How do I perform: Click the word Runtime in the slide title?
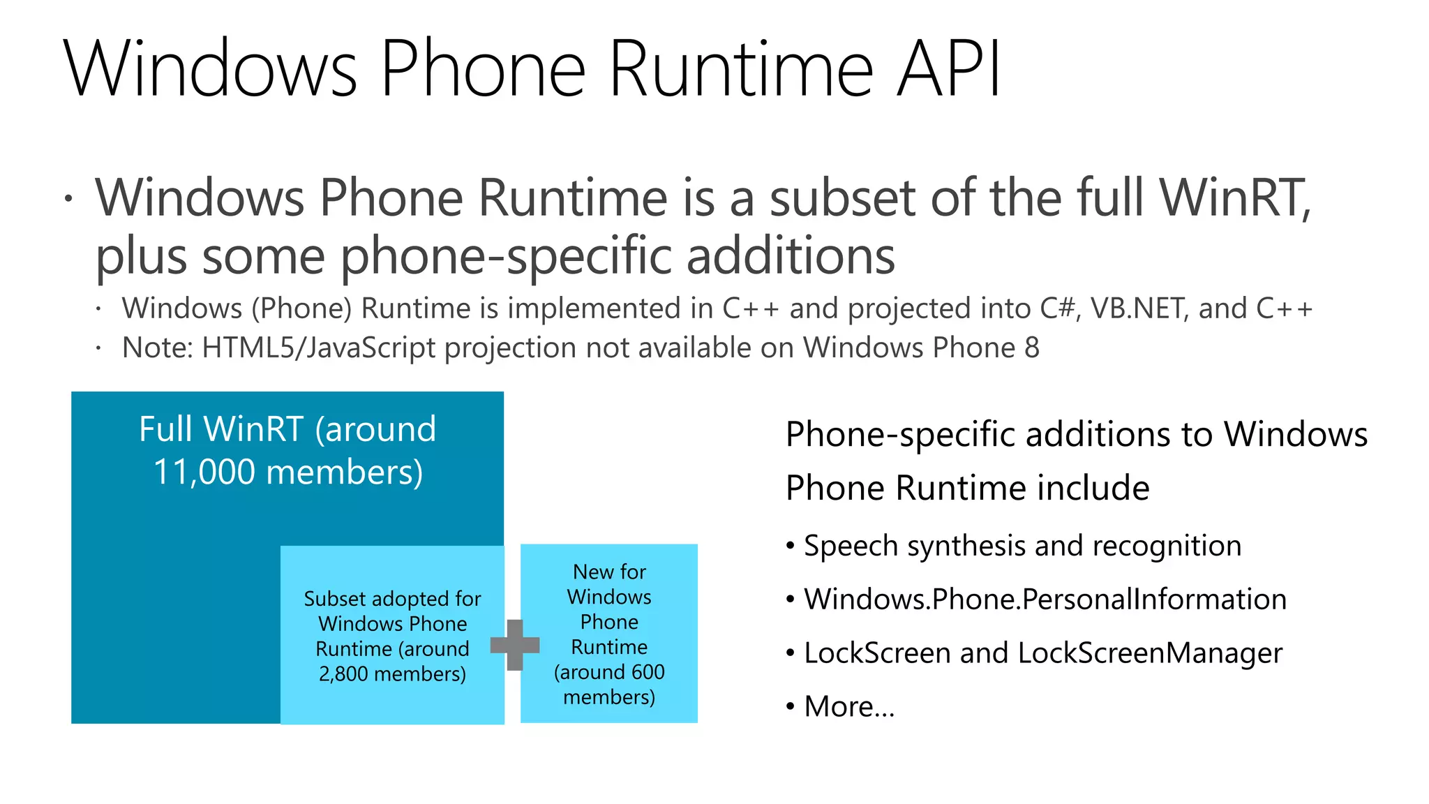(740, 68)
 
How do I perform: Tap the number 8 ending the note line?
(1031, 348)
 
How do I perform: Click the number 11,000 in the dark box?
(204, 472)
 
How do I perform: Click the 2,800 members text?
(392, 674)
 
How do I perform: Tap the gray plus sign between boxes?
(515, 645)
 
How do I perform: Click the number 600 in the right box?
(648, 672)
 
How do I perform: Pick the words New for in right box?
(609, 572)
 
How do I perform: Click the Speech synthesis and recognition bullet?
(1022, 546)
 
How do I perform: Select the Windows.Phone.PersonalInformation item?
(1045, 600)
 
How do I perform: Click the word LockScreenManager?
(1149, 653)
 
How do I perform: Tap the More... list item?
(848, 707)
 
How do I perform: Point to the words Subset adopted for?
(392, 599)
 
